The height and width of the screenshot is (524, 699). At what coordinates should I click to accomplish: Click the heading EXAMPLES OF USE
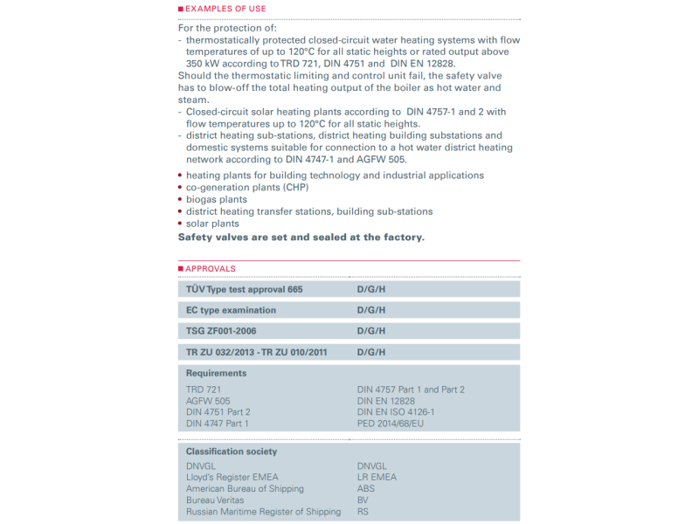225,9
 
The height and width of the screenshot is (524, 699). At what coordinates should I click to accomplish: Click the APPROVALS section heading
210,268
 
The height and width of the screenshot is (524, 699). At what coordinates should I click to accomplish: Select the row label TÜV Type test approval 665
244,289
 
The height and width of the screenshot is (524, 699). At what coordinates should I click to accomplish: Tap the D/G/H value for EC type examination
370,310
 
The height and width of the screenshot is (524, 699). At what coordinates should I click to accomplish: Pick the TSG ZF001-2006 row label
221,331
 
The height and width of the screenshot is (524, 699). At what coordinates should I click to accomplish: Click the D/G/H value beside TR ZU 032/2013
370,352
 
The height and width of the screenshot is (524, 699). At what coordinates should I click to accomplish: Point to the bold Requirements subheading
216,373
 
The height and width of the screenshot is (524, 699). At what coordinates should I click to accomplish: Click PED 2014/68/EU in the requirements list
390,424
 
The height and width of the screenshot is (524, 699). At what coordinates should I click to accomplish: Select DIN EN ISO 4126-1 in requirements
396,412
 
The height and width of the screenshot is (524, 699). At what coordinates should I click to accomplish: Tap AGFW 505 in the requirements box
208,401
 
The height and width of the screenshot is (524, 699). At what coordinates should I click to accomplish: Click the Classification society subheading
232,452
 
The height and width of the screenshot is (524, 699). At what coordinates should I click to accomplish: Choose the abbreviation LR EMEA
377,477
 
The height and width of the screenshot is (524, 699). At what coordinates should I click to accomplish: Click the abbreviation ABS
366,488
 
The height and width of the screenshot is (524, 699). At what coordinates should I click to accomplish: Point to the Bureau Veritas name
215,500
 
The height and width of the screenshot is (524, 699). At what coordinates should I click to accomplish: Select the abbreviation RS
363,512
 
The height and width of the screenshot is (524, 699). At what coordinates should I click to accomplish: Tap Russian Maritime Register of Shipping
263,512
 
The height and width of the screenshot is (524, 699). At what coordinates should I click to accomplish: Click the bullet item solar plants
212,224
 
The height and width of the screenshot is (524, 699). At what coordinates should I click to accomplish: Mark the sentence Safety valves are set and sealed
301,238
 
